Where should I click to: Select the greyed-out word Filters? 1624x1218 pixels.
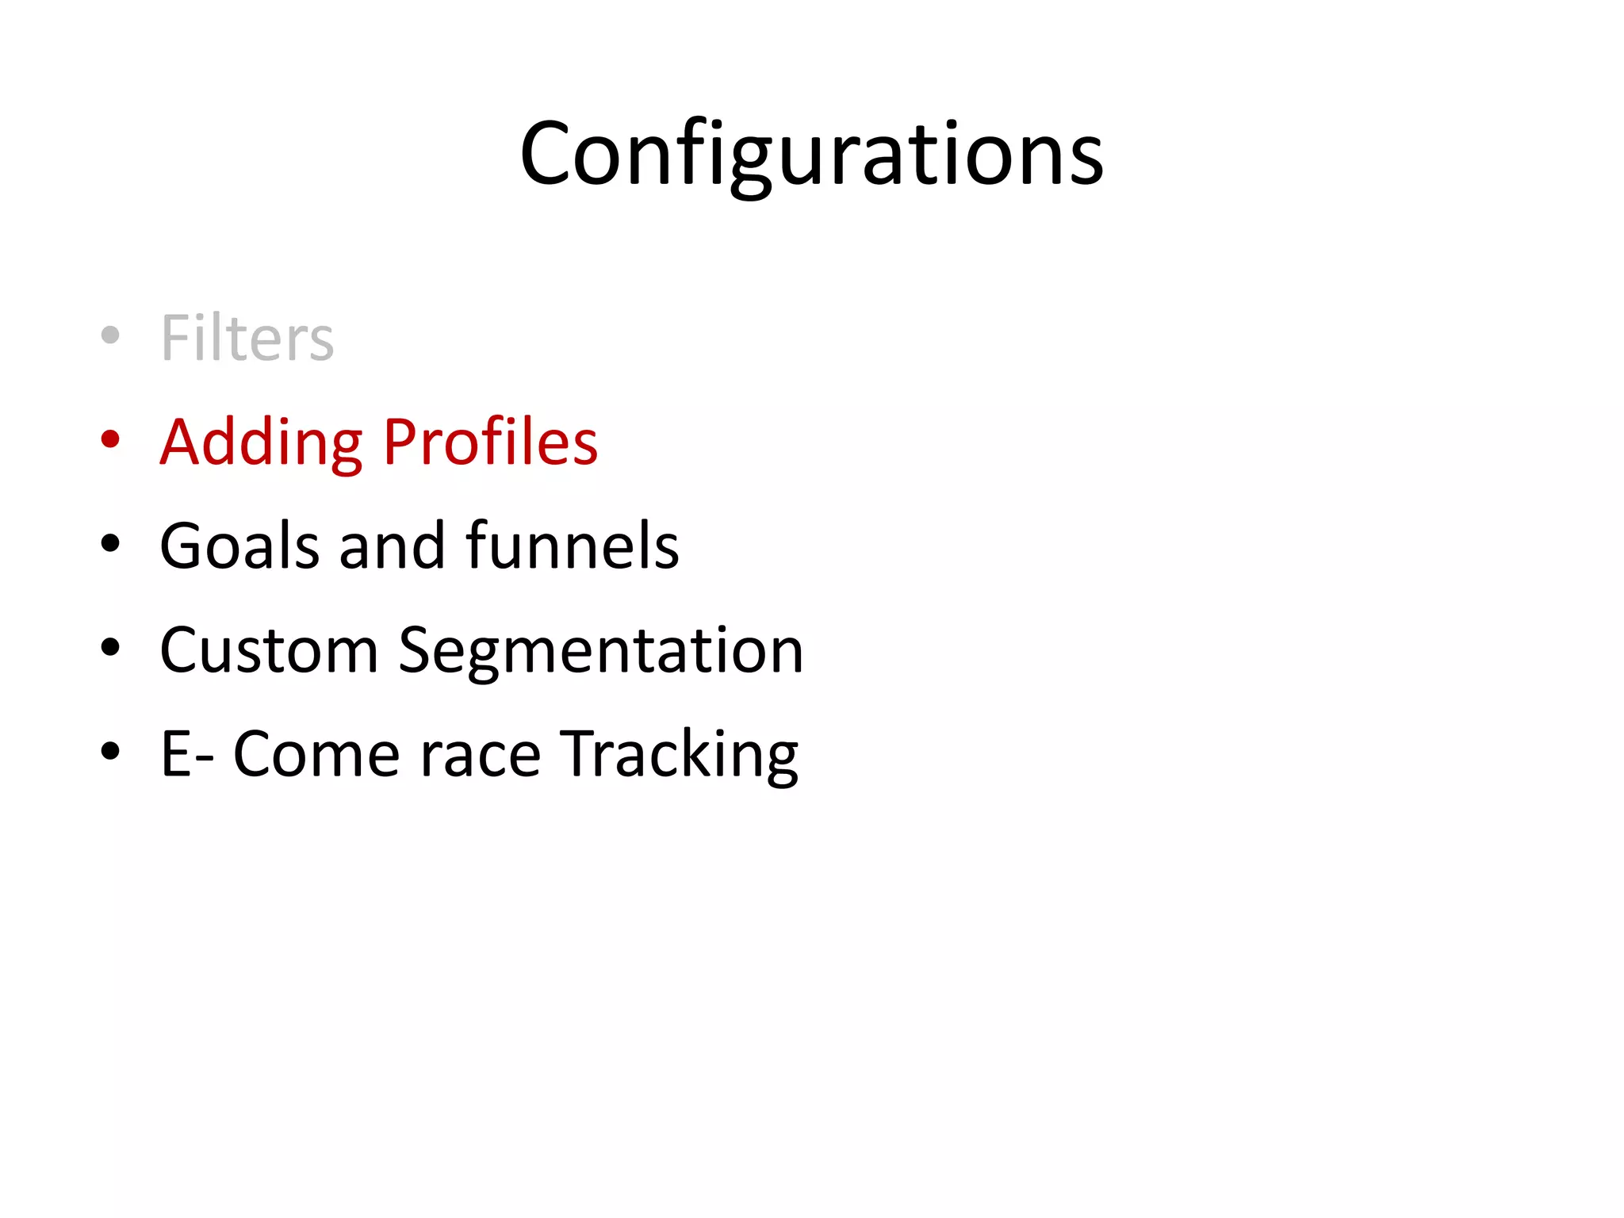tap(247, 338)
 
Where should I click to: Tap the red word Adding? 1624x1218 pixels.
tap(261, 442)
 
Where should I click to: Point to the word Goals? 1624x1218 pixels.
tap(239, 546)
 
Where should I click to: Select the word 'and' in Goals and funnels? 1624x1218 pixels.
tap(392, 546)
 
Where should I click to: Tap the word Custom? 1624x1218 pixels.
tap(269, 650)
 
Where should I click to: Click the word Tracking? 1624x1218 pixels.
tap(679, 755)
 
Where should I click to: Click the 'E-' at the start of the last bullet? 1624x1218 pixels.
tap(187, 755)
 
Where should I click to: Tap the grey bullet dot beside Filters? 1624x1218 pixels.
tap(111, 335)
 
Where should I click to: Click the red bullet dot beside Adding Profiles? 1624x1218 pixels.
tap(111, 439)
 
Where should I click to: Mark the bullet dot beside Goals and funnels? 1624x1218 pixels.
tap(111, 544)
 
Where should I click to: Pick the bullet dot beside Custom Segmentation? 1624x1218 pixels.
tap(111, 648)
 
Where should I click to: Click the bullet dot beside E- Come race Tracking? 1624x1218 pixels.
tap(111, 752)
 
